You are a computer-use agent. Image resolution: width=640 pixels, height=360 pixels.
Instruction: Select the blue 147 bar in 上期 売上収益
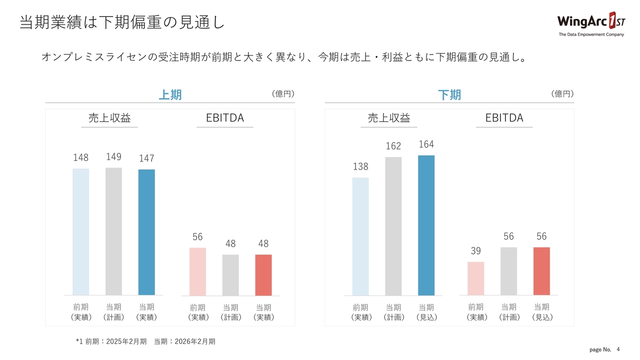(146, 232)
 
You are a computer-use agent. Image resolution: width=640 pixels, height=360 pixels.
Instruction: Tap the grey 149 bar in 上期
(113, 231)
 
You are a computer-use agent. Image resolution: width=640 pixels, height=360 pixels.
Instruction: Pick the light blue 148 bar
(81, 231)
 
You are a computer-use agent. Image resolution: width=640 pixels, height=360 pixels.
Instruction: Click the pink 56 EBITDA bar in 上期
(197, 271)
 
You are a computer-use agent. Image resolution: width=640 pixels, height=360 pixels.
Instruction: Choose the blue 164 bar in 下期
(426, 225)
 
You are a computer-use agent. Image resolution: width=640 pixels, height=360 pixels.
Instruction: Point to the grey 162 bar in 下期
(393, 226)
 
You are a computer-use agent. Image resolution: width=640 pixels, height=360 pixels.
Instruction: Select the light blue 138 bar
(360, 236)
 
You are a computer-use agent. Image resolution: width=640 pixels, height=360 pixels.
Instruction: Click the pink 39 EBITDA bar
(475, 278)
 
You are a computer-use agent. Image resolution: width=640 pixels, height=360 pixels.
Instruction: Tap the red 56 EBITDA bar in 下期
(541, 271)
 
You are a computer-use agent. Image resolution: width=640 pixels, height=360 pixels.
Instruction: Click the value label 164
(426, 144)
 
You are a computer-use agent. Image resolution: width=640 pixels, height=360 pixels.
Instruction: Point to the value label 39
(475, 251)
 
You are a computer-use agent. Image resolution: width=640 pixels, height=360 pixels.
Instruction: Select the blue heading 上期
(170, 94)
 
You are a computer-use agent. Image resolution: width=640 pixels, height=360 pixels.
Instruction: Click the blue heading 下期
(449, 94)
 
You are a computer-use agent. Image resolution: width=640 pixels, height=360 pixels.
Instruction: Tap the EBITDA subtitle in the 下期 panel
(504, 118)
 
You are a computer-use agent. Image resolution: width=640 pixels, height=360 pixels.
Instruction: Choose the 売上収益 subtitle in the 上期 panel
(109, 118)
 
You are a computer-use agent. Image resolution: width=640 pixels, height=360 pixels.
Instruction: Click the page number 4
(618, 348)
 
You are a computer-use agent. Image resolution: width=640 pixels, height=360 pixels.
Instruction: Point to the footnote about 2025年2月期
(145, 341)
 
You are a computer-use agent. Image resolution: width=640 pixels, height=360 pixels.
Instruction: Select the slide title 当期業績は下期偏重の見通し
(121, 22)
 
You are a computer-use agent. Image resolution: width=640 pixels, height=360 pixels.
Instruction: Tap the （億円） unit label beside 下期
(562, 93)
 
